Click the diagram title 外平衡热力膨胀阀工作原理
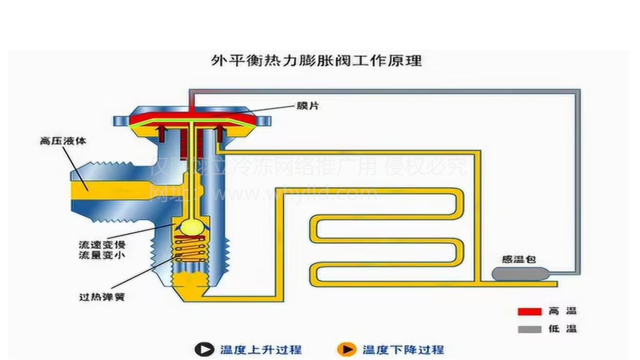pos(316,60)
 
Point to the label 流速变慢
pos(102,245)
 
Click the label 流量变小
pos(102,255)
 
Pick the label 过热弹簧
pos(102,297)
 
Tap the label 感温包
pos(519,260)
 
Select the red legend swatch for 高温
pos(529,312)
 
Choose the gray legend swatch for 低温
pos(529,329)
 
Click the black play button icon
pos(204,349)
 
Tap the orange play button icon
pos(346,349)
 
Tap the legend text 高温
pos(563,311)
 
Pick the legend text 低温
pos(563,329)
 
